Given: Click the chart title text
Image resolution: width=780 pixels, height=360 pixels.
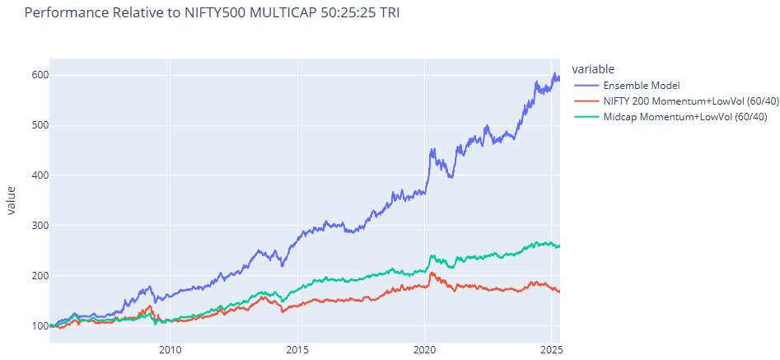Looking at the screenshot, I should point(212,14).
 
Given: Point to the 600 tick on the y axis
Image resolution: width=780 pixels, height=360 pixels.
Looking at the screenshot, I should point(40,75).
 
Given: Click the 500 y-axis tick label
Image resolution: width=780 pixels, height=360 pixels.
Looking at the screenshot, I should point(40,125).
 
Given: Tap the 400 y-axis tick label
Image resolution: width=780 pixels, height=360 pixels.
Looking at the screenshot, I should point(40,175).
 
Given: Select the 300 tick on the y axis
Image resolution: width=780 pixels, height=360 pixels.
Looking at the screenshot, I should point(40,226).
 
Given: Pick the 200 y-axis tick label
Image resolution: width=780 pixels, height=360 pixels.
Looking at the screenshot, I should point(40,276).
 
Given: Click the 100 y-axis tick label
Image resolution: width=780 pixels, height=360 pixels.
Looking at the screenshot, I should point(40,326).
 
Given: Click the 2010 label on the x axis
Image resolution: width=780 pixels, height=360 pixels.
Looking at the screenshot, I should point(170,350).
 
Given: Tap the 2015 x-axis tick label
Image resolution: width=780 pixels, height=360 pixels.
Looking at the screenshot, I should point(297,350).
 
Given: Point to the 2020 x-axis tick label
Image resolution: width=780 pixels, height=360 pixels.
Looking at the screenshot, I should point(425,350).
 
